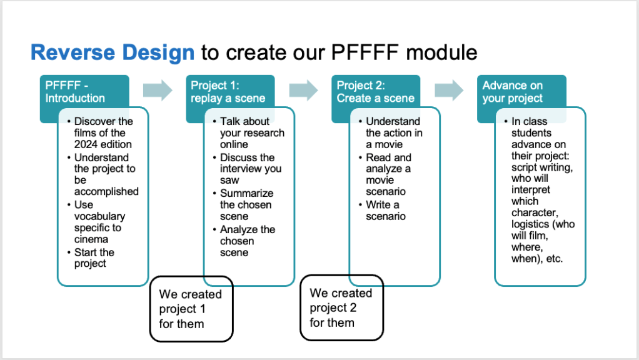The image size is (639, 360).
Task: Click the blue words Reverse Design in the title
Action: pos(113,52)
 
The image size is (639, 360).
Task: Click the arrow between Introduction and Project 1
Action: pos(157,90)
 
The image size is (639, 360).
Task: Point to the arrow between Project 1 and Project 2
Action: pos(303,90)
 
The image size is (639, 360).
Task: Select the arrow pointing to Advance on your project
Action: pos(449,90)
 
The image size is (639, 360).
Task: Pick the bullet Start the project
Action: pos(94,258)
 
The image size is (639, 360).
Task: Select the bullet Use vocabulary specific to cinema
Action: pos(99,222)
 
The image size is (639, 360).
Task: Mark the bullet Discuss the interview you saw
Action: pos(250,169)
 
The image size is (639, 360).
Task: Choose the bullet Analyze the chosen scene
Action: pos(246,241)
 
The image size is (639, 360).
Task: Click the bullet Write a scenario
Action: pos(386,211)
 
